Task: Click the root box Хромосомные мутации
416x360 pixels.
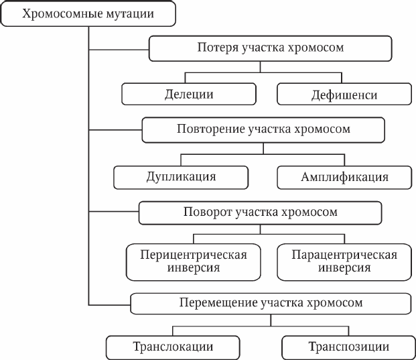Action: coord(88,13)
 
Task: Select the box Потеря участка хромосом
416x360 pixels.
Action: coord(271,48)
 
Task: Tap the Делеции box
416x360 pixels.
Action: coord(189,94)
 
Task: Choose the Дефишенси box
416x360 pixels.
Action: coord(344,94)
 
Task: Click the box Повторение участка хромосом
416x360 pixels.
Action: coord(263,130)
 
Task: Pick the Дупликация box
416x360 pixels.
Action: coord(181,178)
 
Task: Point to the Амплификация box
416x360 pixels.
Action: coord(344,178)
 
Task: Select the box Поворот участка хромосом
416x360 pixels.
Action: coord(261,213)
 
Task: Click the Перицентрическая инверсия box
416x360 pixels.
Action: coord(194,262)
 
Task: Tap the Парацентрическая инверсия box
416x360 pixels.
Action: coord(344,262)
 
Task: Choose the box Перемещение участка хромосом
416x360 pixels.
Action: coord(271,304)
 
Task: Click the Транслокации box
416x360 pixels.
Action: coord(173,347)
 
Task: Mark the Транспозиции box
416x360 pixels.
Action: coord(348,347)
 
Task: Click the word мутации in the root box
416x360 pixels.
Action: coord(130,14)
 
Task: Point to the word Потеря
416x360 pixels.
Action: coord(218,48)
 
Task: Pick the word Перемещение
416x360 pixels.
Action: coord(218,303)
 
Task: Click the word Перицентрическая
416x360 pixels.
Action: coord(194,255)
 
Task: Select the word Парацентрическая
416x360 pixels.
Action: coord(344,255)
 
